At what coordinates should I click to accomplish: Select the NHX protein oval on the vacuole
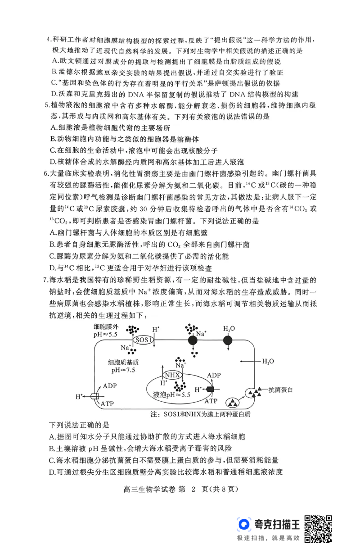point(172,375)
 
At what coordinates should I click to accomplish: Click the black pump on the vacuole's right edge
point(210,389)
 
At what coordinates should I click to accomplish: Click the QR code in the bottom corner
point(320,528)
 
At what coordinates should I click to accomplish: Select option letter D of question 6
point(53,268)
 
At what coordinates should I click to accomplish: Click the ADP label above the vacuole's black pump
point(214,375)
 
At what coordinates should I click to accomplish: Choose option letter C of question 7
point(53,460)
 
